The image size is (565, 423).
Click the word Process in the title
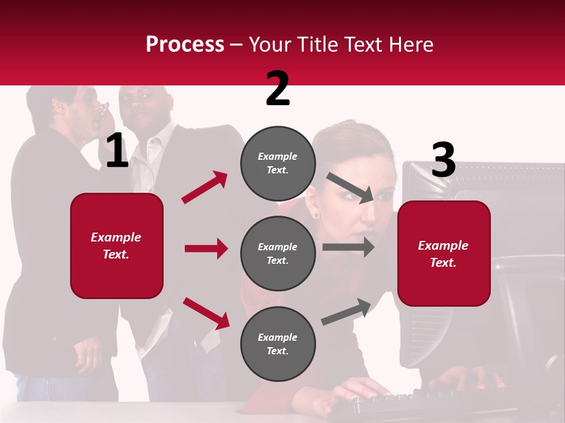pyautogui.click(x=185, y=44)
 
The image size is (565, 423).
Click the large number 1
pyautogui.click(x=117, y=151)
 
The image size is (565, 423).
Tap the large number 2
pyautogui.click(x=278, y=89)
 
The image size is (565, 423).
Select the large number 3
pyautogui.click(x=443, y=160)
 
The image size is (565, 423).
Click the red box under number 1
pyautogui.click(x=117, y=246)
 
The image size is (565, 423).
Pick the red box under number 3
pyautogui.click(x=444, y=253)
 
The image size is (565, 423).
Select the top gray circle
pyautogui.click(x=278, y=163)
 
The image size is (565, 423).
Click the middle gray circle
pyautogui.click(x=278, y=253)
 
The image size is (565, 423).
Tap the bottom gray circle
pyautogui.click(x=278, y=344)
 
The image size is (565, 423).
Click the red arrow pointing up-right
pyautogui.click(x=205, y=187)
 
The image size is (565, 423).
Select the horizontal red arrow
pyautogui.click(x=206, y=249)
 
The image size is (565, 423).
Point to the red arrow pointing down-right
pyautogui.click(x=206, y=313)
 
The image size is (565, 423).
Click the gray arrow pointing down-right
pyautogui.click(x=351, y=187)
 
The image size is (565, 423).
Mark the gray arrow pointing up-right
pyautogui.click(x=347, y=312)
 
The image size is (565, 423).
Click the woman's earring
pyautogui.click(x=316, y=215)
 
